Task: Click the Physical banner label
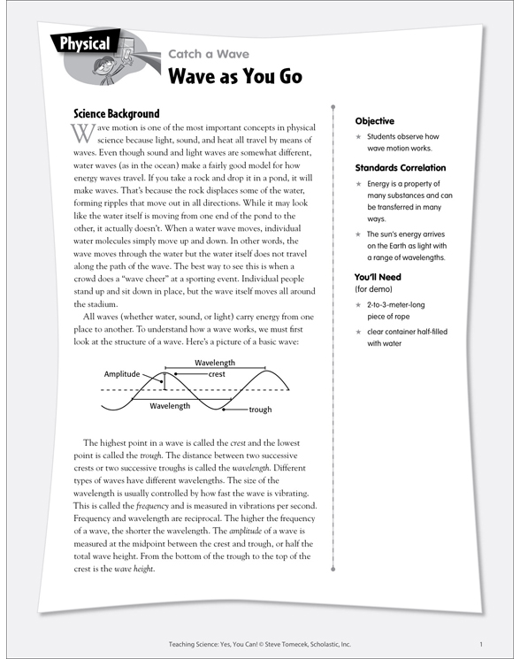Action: pyautogui.click(x=85, y=43)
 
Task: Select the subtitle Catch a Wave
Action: pyautogui.click(x=209, y=54)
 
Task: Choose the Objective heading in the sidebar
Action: pyautogui.click(x=374, y=121)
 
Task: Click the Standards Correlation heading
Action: pyautogui.click(x=400, y=167)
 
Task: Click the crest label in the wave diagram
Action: pyautogui.click(x=217, y=374)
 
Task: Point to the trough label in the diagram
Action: pyautogui.click(x=260, y=410)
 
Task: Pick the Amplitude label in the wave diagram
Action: pyautogui.click(x=122, y=374)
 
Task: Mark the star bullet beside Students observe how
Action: pyautogui.click(x=358, y=137)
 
